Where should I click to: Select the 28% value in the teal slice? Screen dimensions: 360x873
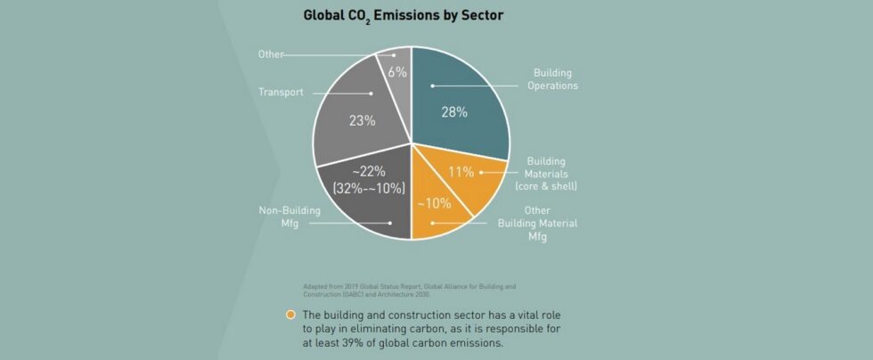[455, 112]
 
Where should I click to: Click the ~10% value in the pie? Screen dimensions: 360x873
[434, 202]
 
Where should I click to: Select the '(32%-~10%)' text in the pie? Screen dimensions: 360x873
[368, 188]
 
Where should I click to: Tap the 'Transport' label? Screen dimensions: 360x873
[281, 92]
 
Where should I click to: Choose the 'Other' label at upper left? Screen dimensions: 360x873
[270, 54]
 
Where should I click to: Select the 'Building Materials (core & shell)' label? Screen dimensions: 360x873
[546, 173]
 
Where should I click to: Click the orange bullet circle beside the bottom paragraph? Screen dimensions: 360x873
[290, 315]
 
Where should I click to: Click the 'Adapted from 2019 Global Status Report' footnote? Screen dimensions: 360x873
[410, 290]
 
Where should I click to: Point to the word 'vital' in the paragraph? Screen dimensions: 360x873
[519, 315]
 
